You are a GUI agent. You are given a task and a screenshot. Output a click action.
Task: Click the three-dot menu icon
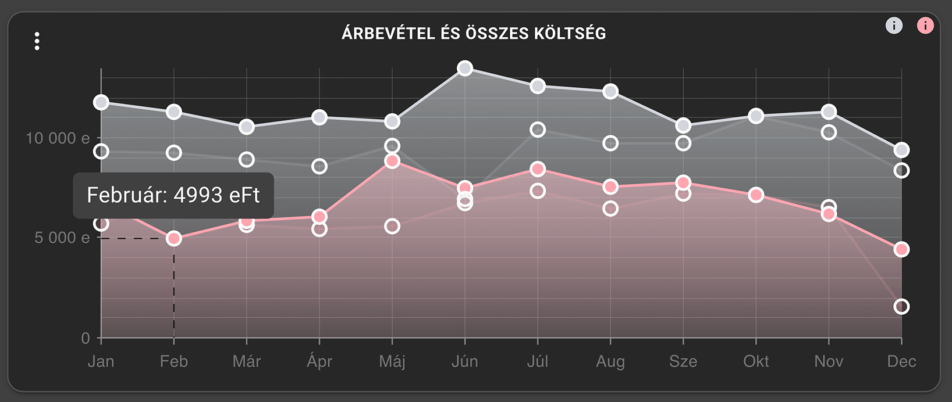click(37, 41)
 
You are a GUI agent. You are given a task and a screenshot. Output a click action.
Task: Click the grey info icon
click(894, 26)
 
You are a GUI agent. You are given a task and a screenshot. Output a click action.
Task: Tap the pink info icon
click(925, 26)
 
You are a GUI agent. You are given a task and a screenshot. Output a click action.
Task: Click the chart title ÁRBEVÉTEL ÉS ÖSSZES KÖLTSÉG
click(474, 34)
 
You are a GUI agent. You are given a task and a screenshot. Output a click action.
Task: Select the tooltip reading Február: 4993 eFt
click(173, 195)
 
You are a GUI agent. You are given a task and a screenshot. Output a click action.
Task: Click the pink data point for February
click(173, 239)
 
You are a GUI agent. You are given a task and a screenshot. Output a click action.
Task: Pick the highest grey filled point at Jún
click(464, 69)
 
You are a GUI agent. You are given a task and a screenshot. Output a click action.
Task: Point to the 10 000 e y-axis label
click(58, 138)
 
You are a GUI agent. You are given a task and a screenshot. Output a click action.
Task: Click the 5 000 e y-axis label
click(62, 238)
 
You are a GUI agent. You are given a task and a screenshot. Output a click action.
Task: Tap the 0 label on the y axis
click(86, 338)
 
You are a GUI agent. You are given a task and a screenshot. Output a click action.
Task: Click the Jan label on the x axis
click(101, 361)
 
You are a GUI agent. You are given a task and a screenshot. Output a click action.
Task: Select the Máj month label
click(392, 361)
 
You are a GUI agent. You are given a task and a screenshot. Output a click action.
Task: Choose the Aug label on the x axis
click(610, 361)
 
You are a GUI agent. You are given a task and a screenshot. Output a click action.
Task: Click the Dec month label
click(901, 361)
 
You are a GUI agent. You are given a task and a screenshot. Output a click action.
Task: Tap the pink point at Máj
click(392, 161)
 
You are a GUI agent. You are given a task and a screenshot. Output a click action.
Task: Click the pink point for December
click(901, 250)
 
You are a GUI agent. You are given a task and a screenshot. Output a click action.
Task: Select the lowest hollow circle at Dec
click(901, 306)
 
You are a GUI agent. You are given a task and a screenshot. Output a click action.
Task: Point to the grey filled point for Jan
click(101, 102)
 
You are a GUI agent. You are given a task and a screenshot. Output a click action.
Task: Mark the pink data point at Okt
click(756, 195)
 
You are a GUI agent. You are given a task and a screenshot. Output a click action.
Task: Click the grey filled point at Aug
click(610, 91)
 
